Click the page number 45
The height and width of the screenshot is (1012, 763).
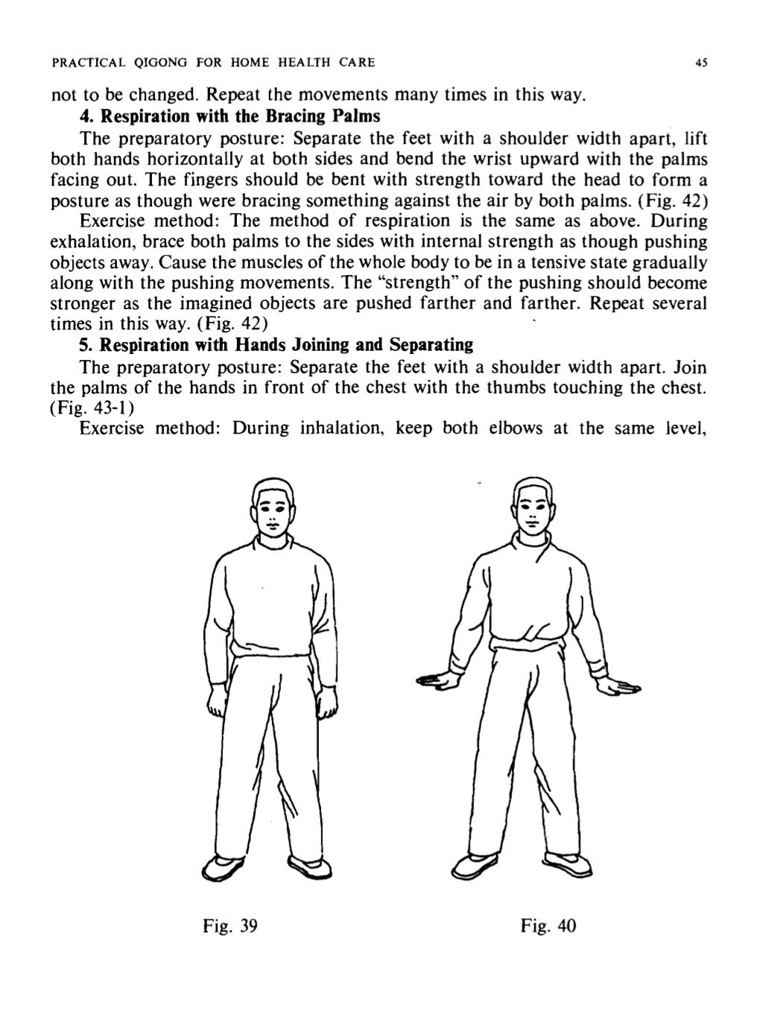[x=700, y=63]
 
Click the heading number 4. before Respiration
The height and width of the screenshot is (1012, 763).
[x=87, y=117]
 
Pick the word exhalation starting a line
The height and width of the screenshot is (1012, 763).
[x=92, y=242]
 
